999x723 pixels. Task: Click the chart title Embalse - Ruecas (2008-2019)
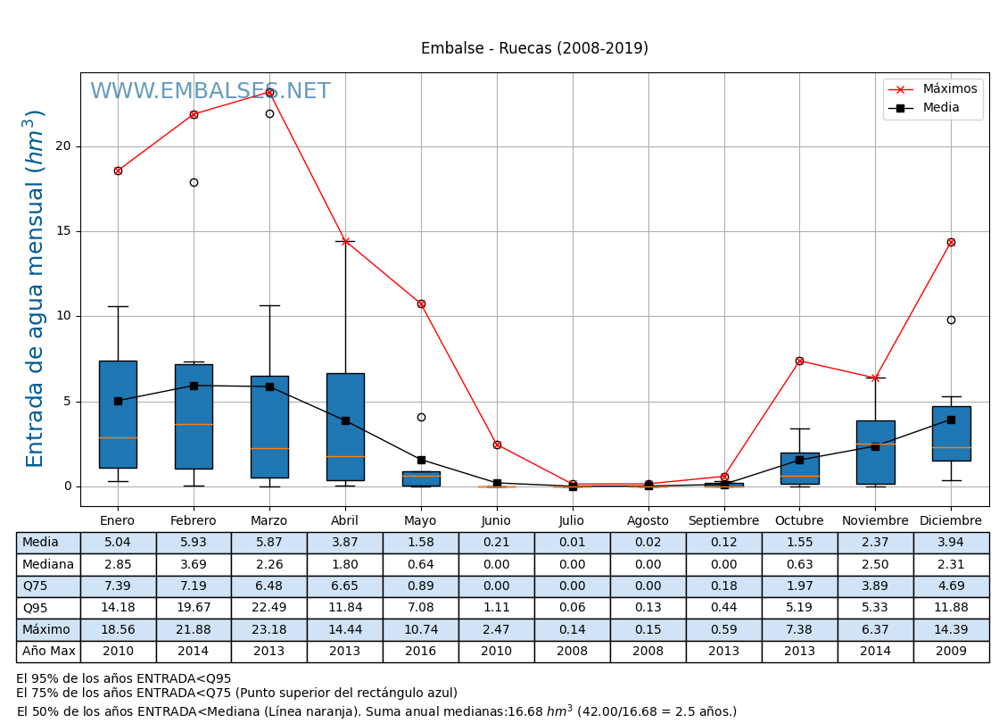pyautogui.click(x=534, y=49)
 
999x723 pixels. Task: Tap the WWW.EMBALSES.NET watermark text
pyautogui.click(x=210, y=92)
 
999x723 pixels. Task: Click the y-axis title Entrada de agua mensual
pyautogui.click(x=36, y=288)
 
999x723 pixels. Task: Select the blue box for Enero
pyautogui.click(x=118, y=413)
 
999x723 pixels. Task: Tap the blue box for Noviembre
pyautogui.click(x=875, y=452)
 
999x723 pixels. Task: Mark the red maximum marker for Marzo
pyautogui.click(x=269, y=92)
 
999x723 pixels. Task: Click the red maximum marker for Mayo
pyautogui.click(x=421, y=303)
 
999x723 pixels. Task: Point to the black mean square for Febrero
pyautogui.click(x=194, y=386)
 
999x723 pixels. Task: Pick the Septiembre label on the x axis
pyautogui.click(x=723, y=521)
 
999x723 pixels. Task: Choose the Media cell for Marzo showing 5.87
pyautogui.click(x=269, y=543)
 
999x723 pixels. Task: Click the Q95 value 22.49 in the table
pyautogui.click(x=269, y=608)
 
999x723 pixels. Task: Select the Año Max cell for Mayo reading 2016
pyautogui.click(x=421, y=652)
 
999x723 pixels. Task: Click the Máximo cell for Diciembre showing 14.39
pyautogui.click(x=951, y=629)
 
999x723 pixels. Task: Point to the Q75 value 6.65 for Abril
pyautogui.click(x=345, y=586)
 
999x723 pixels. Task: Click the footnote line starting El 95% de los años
pyautogui.click(x=124, y=679)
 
